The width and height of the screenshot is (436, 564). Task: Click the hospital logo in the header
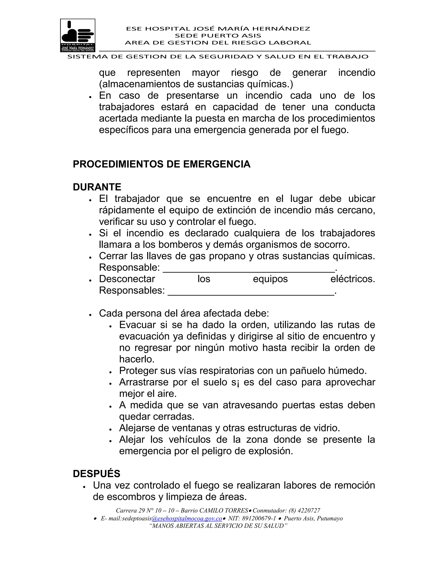pos(77,35)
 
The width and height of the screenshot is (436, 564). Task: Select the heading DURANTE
pos(97,187)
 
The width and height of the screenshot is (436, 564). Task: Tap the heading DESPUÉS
pos(96,474)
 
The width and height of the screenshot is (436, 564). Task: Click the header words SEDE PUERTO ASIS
pos(218,36)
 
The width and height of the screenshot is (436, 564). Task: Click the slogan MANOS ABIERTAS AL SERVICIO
pos(218,526)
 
